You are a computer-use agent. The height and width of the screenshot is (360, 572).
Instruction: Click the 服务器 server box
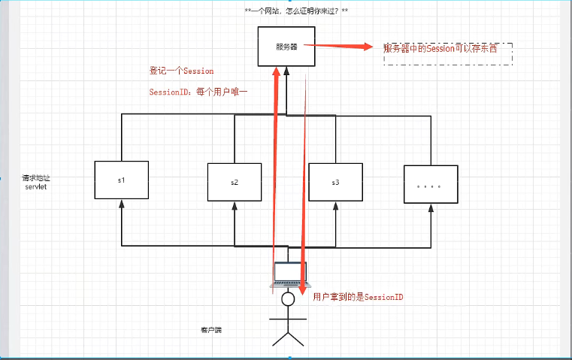coord(286,47)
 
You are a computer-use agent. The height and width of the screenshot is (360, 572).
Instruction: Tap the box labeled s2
coord(235,183)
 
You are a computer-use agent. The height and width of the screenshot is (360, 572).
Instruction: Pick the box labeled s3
coord(335,183)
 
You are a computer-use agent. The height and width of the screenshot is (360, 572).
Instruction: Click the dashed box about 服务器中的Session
coord(448,53)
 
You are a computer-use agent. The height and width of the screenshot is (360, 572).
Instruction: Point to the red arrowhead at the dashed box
coord(368,47)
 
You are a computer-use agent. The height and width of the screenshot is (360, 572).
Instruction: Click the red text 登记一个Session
coord(182,71)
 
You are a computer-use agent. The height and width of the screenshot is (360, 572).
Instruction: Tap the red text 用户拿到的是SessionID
coord(359,297)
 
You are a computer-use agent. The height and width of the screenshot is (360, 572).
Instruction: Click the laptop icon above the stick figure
coord(288,276)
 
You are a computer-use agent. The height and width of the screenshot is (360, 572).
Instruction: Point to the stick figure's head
coord(288,299)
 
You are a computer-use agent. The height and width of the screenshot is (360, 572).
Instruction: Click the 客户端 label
coord(211,330)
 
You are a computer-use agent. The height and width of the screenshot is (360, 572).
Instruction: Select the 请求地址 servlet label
coord(36,182)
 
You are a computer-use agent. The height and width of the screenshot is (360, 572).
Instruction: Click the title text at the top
coord(296,11)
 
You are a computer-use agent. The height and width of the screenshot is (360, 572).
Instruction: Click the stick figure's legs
coord(287,337)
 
